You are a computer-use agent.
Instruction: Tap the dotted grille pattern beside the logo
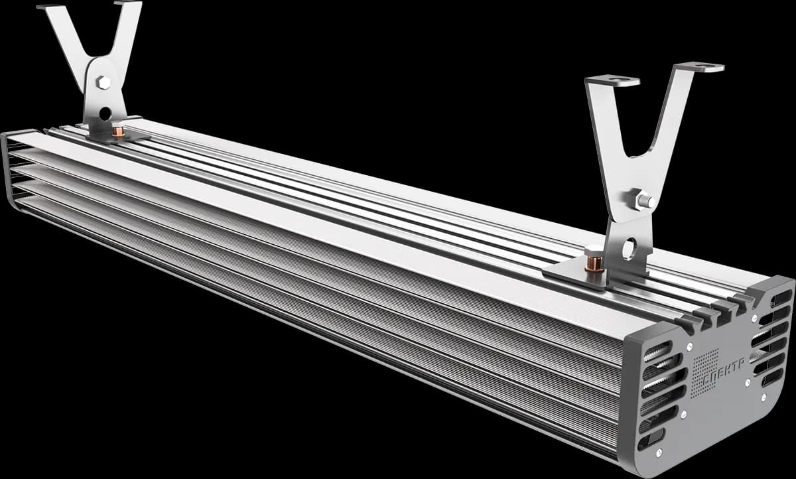[704, 373]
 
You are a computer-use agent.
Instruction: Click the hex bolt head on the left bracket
[103, 83]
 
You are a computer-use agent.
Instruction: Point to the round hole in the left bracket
[105, 113]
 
